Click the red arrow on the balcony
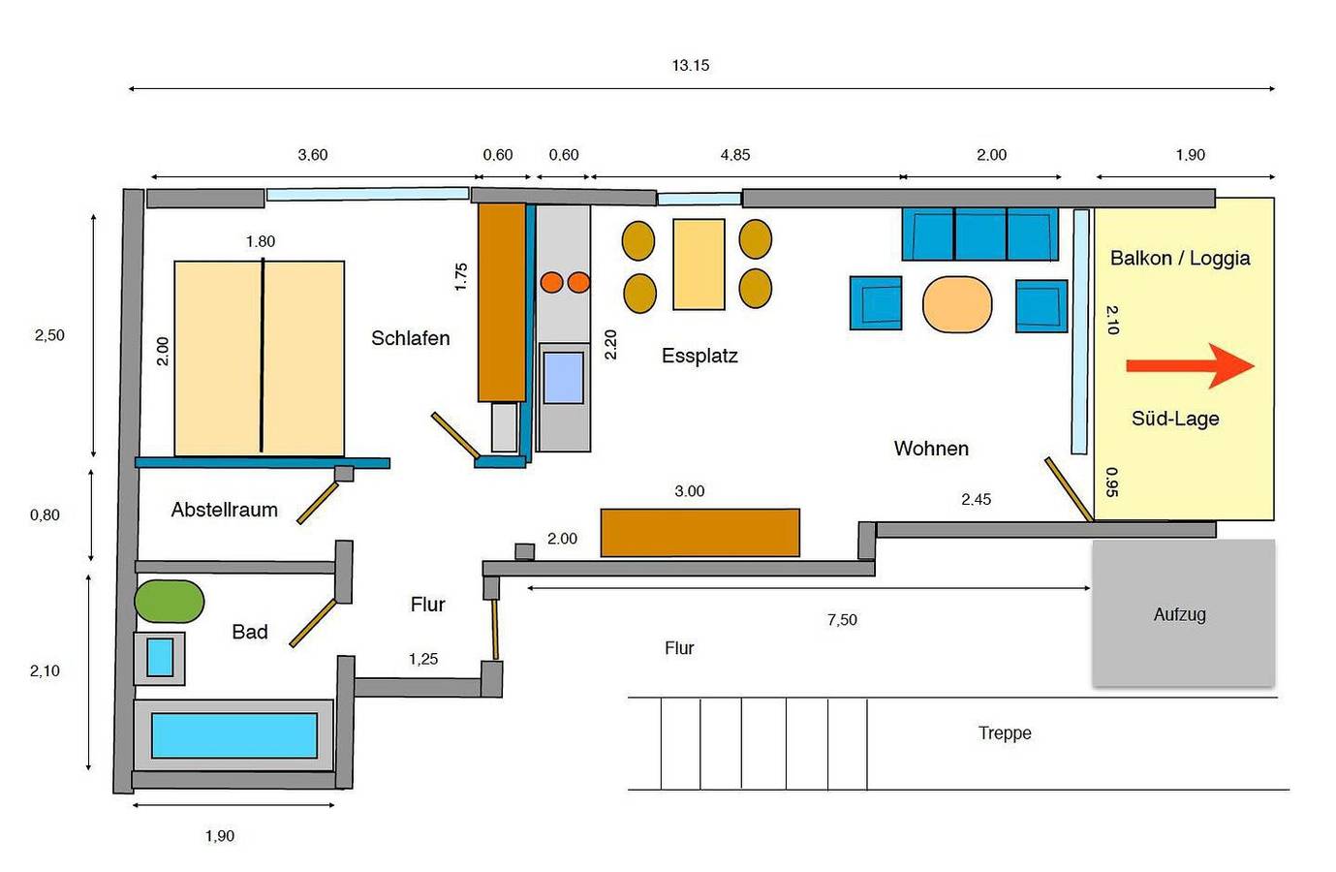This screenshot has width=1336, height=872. coord(1190,365)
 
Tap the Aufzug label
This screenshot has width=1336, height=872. coord(1180,614)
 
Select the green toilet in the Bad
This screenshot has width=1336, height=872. coord(170,602)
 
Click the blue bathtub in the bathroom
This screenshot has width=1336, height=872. coord(233,735)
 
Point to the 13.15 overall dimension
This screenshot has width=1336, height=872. coord(691,65)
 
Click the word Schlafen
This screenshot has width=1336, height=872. coord(411,338)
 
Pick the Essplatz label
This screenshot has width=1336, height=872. coord(699,357)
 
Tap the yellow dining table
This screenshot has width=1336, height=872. coord(699,265)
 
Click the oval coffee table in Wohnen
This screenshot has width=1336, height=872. coord(957,304)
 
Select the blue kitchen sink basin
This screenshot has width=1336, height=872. coord(563,378)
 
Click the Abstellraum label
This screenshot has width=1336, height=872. coord(224,510)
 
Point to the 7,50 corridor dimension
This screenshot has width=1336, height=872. coord(842,620)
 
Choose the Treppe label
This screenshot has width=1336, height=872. coord(1005,733)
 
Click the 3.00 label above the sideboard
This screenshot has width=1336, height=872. coord(690,491)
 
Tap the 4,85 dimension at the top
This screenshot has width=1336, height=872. coord(734,155)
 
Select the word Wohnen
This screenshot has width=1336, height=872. coord(931,449)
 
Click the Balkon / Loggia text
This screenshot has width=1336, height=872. coord(1180,259)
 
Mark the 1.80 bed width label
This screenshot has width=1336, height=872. coord(261,241)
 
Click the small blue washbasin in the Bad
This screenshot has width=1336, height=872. coord(160,657)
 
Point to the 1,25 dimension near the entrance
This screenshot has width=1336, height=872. coord(423,659)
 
